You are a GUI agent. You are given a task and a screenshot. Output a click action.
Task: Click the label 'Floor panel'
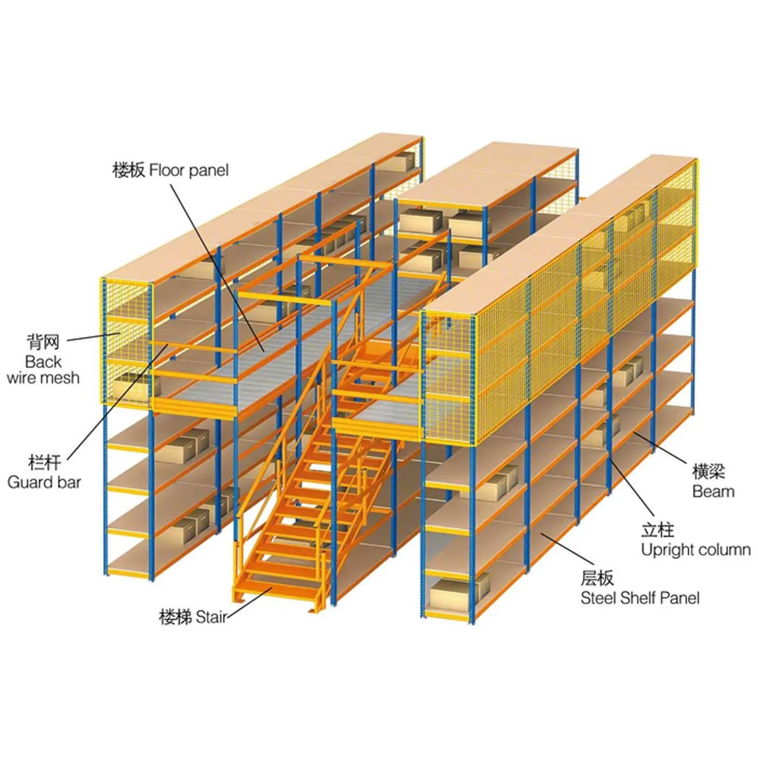point(189,170)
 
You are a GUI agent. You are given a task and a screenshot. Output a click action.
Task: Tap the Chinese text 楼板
point(129,170)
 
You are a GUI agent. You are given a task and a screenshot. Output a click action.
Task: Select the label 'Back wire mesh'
point(43,369)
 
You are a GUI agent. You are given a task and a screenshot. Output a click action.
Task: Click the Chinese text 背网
point(43,342)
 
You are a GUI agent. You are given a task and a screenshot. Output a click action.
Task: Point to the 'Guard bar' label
point(44,482)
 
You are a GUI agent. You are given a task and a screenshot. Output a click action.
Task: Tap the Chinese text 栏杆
point(44,463)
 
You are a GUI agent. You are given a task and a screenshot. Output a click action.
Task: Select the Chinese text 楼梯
point(175,617)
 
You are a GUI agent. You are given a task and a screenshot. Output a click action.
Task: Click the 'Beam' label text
point(713,491)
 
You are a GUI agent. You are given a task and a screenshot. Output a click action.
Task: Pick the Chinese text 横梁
point(708,472)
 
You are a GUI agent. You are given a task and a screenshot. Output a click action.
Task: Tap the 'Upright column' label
point(695,550)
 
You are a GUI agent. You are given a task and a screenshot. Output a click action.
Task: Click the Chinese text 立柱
point(657,530)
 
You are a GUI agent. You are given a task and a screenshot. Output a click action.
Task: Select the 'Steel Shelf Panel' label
point(640,598)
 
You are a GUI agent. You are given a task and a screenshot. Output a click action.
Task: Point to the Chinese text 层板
point(597,578)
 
